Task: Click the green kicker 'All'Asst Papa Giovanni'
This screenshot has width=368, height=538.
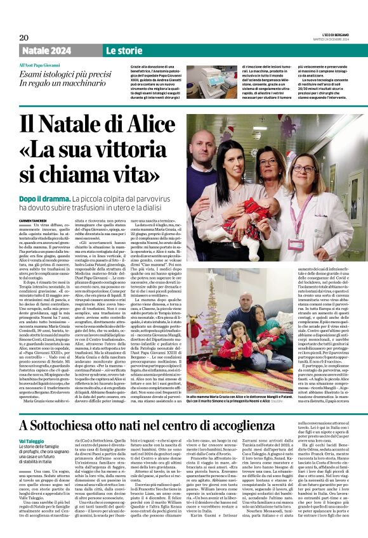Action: (39, 65)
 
